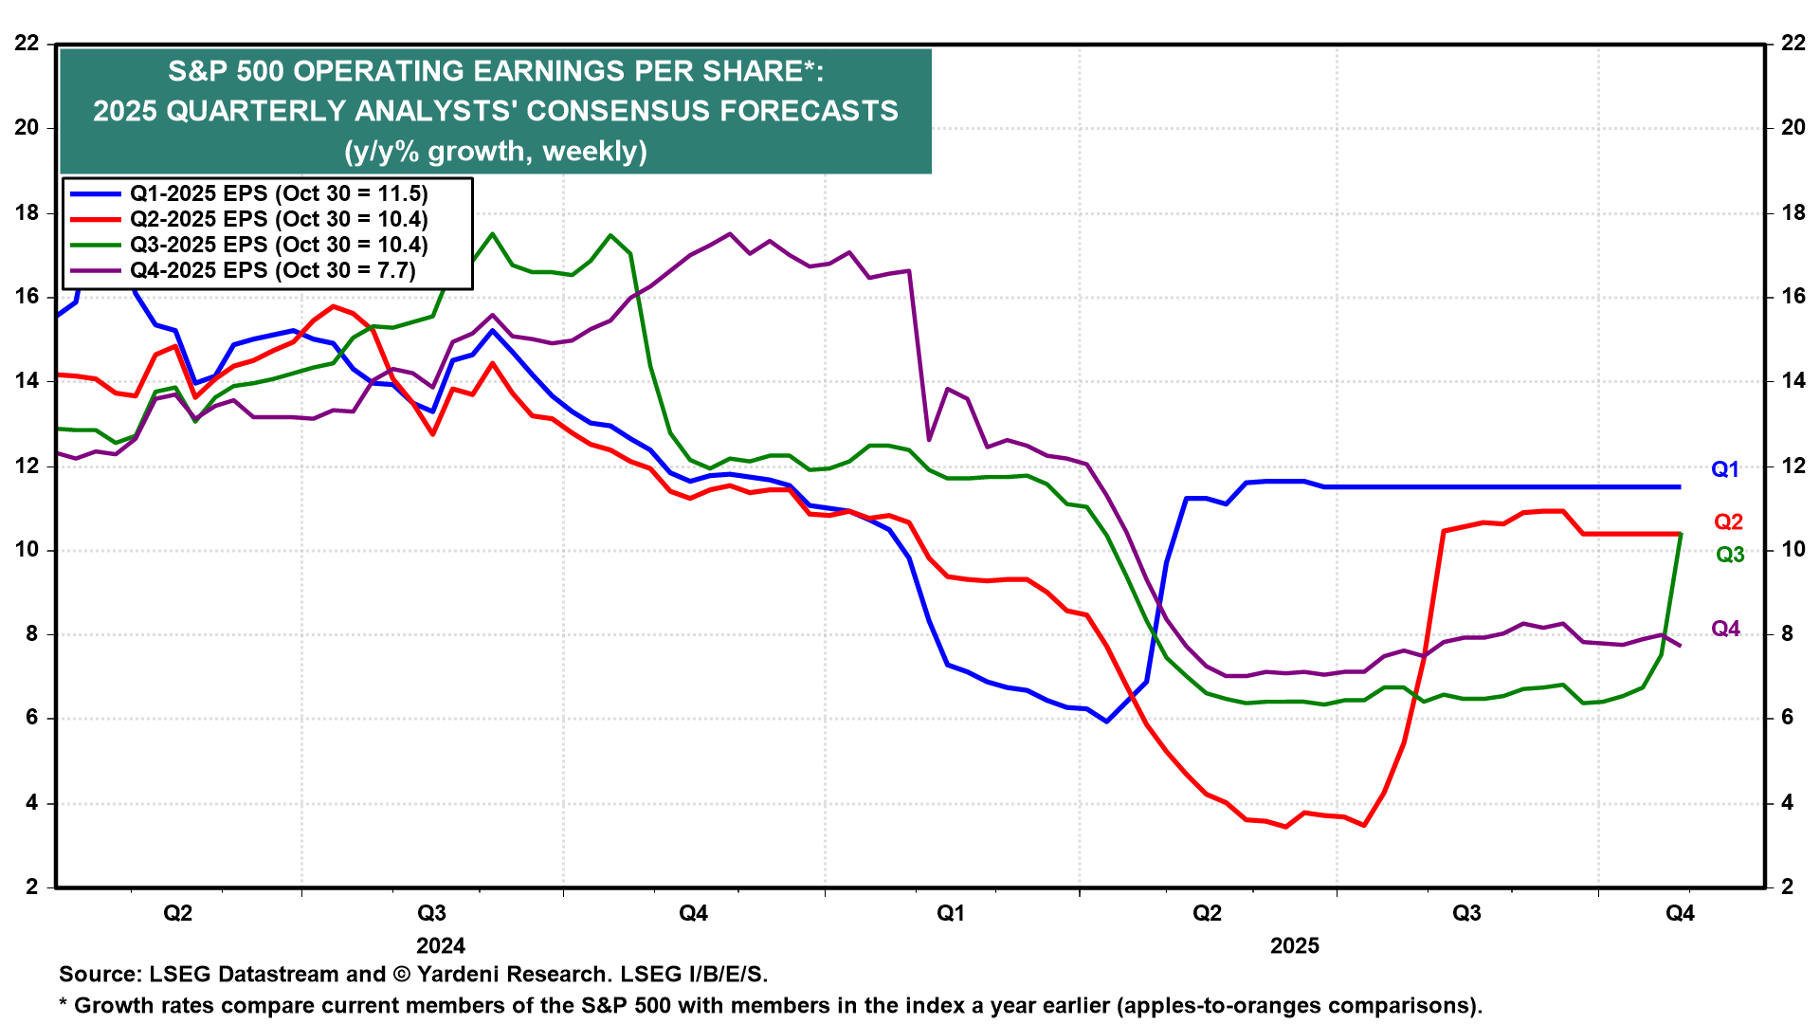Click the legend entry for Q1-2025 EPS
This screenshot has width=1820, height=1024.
click(x=278, y=193)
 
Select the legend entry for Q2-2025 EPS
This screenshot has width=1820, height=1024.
click(x=278, y=219)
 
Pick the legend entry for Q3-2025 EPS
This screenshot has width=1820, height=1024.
click(x=278, y=245)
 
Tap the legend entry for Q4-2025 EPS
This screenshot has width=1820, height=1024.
click(x=272, y=270)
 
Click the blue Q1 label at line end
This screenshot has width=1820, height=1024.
click(x=1725, y=469)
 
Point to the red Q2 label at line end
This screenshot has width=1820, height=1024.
click(x=1728, y=522)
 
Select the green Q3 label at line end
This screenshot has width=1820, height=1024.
click(x=1730, y=555)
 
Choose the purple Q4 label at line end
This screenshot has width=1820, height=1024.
click(x=1725, y=629)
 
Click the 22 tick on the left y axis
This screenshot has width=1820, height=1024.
click(x=27, y=43)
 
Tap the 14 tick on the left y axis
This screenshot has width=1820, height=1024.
click(x=27, y=381)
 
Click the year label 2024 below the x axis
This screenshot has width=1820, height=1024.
click(x=441, y=945)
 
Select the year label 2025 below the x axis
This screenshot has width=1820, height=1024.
click(x=1295, y=945)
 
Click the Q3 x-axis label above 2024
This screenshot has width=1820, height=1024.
click(x=431, y=913)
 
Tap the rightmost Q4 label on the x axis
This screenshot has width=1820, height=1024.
click(x=1680, y=913)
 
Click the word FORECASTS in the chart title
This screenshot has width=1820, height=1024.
click(x=808, y=111)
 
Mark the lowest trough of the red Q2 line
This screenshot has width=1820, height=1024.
click(x=1363, y=825)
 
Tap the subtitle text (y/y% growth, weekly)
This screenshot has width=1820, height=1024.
click(x=495, y=151)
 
